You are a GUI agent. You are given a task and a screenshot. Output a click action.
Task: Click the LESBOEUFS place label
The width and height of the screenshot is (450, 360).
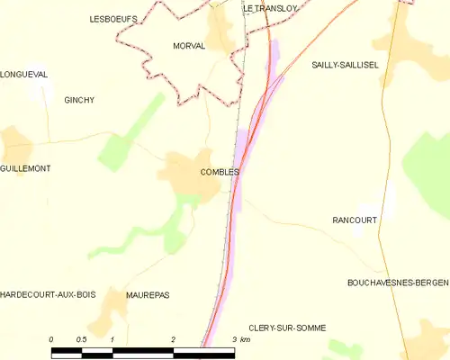tap(112, 18)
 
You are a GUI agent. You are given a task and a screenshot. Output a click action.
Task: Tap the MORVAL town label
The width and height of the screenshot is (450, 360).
tap(189, 45)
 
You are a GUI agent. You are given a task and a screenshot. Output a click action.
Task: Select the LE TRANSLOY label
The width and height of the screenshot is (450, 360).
tap(269, 9)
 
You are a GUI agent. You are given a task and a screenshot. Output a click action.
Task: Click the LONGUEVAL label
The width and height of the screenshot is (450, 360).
tap(24, 75)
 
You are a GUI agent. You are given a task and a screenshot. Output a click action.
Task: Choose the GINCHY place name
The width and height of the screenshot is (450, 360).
tap(79, 101)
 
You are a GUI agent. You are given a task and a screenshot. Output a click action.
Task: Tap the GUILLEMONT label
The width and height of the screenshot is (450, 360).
tap(25, 168)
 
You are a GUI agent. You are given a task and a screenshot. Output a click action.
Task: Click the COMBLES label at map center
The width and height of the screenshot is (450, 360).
tap(220, 172)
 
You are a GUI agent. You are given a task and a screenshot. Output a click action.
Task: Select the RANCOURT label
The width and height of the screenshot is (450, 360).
tap(354, 220)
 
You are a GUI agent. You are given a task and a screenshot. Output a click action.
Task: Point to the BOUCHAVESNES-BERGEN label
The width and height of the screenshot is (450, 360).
tap(397, 283)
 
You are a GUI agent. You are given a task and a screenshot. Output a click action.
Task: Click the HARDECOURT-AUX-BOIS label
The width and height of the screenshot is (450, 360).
tap(48, 295)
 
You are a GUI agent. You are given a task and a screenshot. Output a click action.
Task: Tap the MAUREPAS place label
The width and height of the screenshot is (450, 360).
tap(148, 295)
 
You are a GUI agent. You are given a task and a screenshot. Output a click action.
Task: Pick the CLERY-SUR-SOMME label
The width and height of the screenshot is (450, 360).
tap(286, 328)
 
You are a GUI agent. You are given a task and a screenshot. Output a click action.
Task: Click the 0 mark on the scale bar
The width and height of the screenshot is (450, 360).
tap(51, 339)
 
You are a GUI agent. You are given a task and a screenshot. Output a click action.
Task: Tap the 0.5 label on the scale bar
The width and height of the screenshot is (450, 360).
tap(81, 339)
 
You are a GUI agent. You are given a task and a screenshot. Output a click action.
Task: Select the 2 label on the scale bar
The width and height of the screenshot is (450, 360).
tap(172, 339)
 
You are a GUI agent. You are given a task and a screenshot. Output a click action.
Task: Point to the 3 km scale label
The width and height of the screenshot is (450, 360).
tap(239, 339)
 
